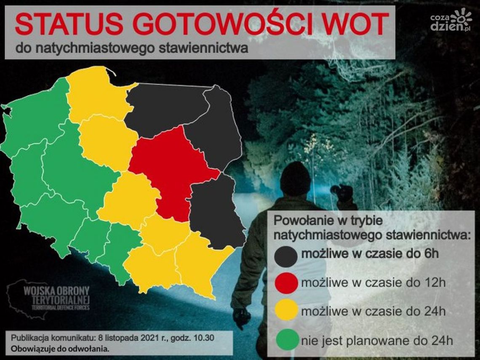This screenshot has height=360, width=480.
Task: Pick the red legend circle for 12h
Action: (x=286, y=283)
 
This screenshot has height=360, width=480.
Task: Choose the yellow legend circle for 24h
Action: (x=286, y=311)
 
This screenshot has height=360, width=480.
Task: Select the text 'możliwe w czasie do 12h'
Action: (x=373, y=283)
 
